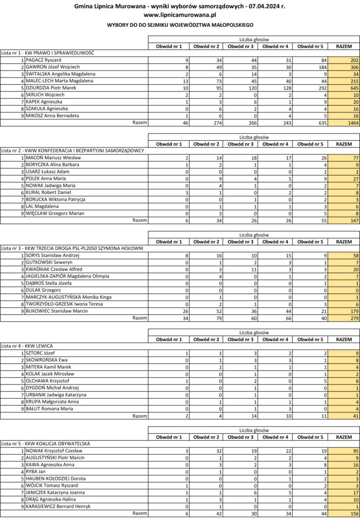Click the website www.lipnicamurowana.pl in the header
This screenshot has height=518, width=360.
coord(179,15)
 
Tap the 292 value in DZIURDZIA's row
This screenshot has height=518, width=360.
coord(315,88)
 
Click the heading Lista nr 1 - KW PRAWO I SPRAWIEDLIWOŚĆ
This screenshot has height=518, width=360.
coord(47,53)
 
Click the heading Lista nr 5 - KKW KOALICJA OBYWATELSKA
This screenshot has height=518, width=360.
coord(46,443)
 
